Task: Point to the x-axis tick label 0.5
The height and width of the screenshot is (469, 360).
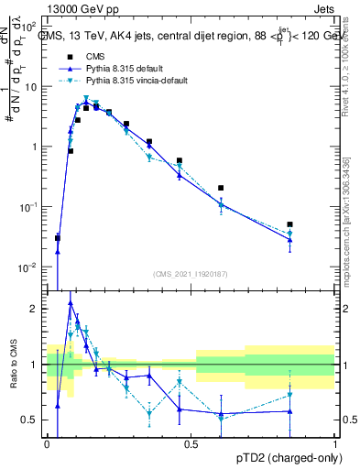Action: tap(191, 443)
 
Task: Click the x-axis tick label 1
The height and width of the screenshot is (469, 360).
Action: tap(334, 443)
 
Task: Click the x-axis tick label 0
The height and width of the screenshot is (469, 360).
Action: tap(47, 443)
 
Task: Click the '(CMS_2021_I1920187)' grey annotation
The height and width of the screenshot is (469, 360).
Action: tap(191, 273)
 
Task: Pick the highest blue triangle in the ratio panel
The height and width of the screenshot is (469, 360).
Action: tap(71, 303)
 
